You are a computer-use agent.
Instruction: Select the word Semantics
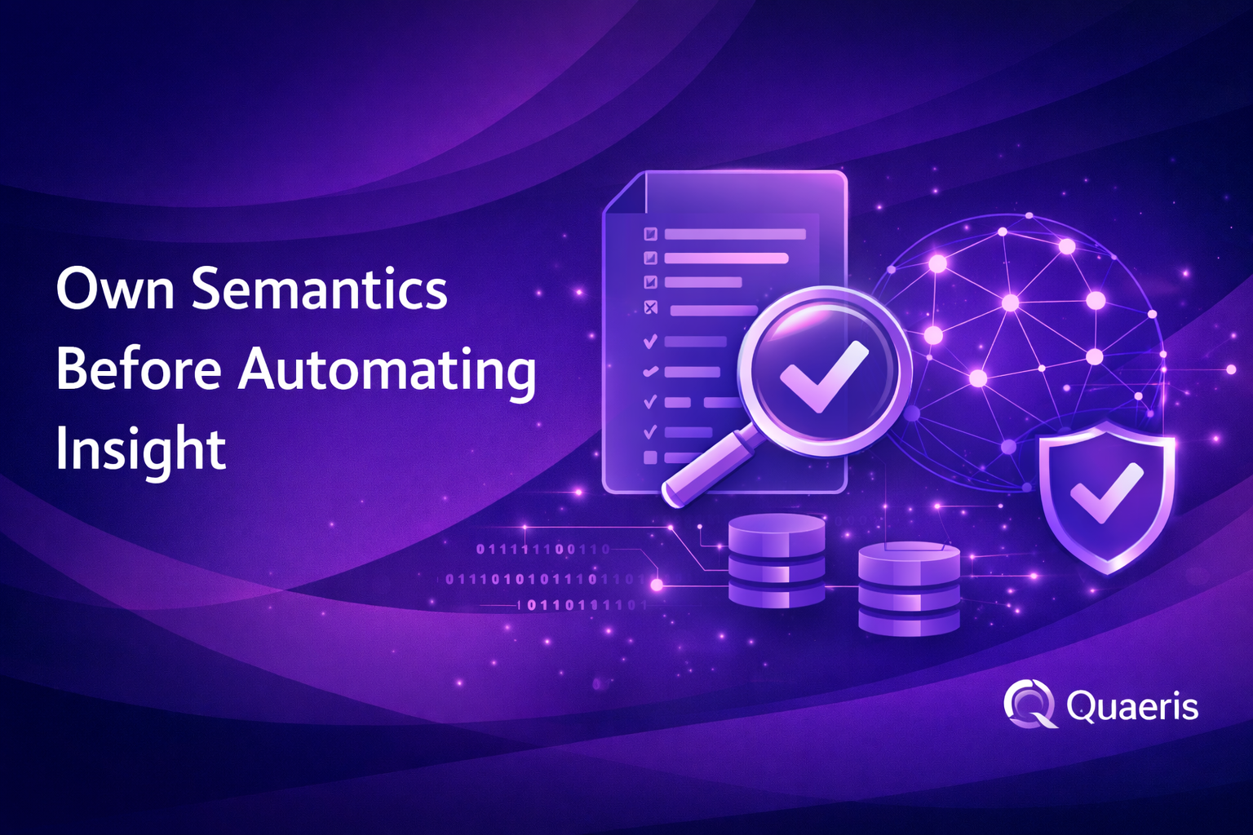click(x=320, y=289)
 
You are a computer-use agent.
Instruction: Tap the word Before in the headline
click(x=139, y=369)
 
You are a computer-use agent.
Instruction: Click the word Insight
click(x=140, y=448)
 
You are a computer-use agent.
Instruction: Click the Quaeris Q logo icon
click(x=1029, y=704)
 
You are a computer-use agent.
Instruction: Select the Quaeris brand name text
click(x=1132, y=706)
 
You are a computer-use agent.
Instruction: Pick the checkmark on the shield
click(x=1106, y=491)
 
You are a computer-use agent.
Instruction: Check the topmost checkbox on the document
click(x=650, y=234)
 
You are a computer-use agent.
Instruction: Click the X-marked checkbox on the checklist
click(x=650, y=307)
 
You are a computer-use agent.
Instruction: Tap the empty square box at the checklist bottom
click(x=650, y=457)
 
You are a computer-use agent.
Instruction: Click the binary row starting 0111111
click(x=542, y=549)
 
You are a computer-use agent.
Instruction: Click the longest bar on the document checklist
click(x=735, y=234)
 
